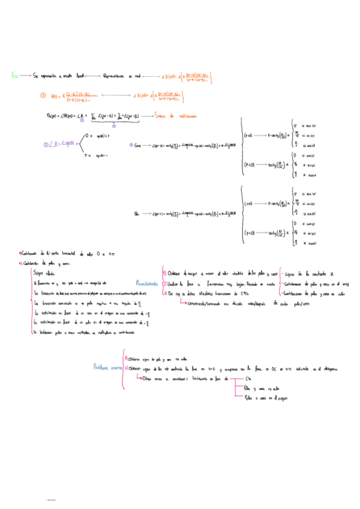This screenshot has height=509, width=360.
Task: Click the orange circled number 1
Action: coord(42,95)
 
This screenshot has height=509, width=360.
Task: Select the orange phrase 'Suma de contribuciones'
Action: coord(179,115)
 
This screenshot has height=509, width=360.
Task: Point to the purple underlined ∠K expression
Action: coord(55,144)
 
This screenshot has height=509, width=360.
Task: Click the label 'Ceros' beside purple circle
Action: coord(139,145)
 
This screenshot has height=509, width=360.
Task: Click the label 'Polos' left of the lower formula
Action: coord(138,214)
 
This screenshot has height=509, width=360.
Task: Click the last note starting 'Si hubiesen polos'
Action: coord(84,332)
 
